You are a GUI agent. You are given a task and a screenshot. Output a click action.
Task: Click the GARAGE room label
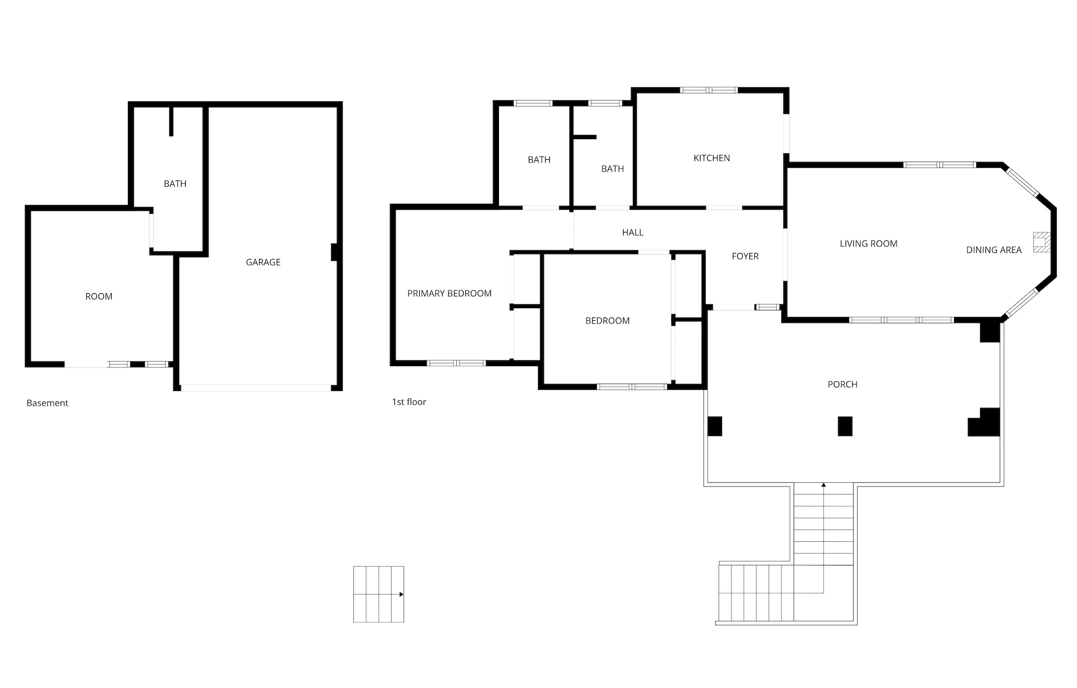click(x=263, y=262)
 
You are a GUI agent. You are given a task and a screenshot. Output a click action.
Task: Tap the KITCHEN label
click(x=711, y=158)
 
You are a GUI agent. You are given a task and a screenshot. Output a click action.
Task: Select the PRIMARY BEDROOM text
click(x=449, y=294)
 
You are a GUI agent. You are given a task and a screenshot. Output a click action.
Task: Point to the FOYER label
click(x=745, y=256)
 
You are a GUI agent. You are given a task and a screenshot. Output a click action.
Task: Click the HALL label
click(x=632, y=232)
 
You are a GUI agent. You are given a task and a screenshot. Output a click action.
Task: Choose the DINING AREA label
click(x=994, y=250)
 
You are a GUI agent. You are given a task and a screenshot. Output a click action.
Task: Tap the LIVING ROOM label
click(x=868, y=244)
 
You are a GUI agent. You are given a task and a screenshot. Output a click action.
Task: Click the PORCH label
click(x=842, y=385)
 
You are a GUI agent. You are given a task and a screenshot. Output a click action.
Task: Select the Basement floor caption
click(x=47, y=403)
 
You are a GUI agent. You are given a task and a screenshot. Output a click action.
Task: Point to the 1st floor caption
click(x=409, y=402)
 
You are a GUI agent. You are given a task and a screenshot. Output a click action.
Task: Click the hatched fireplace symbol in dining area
click(x=1042, y=242)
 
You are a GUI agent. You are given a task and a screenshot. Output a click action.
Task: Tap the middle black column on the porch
click(x=845, y=426)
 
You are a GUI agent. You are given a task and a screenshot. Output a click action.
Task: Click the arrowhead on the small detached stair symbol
click(x=401, y=594)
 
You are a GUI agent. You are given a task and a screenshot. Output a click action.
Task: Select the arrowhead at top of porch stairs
click(x=823, y=485)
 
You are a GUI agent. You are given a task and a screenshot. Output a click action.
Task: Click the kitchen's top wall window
click(x=709, y=90)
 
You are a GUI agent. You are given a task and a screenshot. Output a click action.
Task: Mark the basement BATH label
click(x=175, y=184)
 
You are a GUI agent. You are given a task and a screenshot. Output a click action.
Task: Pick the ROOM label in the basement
click(x=99, y=296)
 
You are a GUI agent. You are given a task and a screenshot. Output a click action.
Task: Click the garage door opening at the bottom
click(x=255, y=388)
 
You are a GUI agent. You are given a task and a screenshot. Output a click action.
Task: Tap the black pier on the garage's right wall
click(x=335, y=252)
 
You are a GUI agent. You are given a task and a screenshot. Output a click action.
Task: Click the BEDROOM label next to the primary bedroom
click(x=607, y=321)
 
